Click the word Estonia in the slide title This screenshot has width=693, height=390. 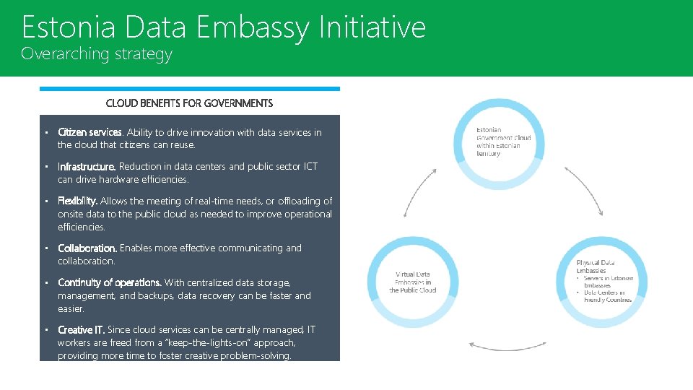point(69,27)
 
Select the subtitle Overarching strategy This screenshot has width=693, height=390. point(97,54)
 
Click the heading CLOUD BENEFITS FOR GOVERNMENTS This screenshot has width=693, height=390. point(189,103)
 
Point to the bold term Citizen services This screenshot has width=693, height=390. point(90,132)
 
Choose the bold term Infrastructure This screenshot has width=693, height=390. point(86,167)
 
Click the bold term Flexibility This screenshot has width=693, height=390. point(77,201)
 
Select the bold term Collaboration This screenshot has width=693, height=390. point(87,248)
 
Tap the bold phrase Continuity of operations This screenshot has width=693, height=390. point(109,282)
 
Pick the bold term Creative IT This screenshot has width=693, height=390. point(81,329)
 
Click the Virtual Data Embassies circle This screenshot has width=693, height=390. point(413,282)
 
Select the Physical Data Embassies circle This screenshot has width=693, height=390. point(603,282)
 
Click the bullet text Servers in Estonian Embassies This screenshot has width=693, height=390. point(609,282)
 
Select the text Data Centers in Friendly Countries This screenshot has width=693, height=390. point(608,296)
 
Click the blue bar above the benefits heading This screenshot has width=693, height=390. point(189,89)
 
